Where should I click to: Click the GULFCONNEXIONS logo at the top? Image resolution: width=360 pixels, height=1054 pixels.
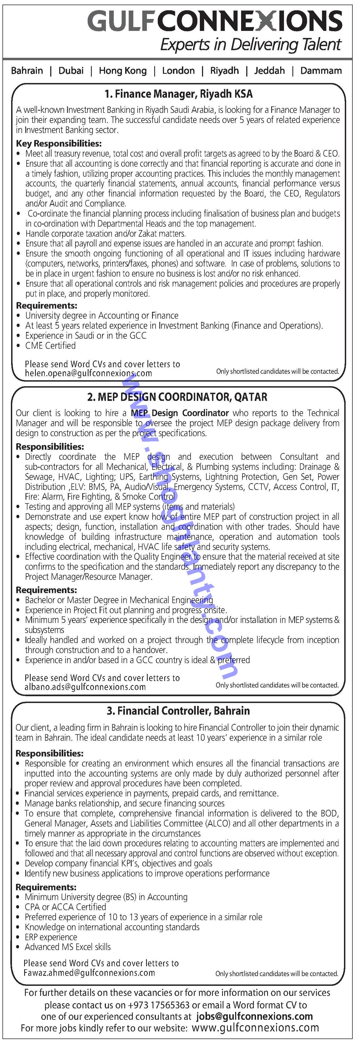coord(215,21)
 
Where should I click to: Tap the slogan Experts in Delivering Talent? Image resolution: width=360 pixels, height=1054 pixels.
coord(250,45)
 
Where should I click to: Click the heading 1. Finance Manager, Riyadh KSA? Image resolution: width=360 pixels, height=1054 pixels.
coord(178,94)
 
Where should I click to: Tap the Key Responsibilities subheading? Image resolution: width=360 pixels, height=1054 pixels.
coord(58,143)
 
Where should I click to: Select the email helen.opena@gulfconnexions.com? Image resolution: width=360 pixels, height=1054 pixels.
coord(88,373)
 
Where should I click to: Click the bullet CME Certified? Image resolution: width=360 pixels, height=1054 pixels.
coord(50,346)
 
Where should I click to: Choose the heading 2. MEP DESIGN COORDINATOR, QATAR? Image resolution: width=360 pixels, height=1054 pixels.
coord(177,397)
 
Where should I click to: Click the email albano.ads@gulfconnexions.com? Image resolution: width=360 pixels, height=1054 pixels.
coord(85,687)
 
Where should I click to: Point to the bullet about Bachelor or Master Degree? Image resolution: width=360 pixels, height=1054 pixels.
coord(119,600)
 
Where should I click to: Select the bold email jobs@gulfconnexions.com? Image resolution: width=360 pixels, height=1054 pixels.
coord(254,1016)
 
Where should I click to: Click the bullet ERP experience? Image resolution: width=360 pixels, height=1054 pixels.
coord(51,937)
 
